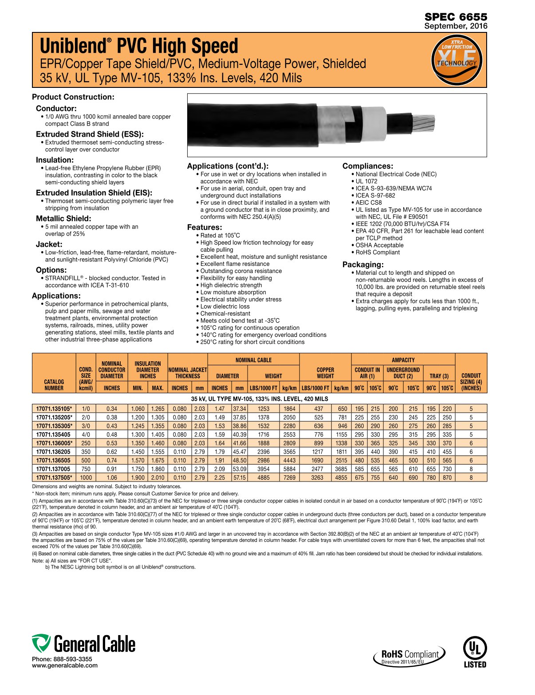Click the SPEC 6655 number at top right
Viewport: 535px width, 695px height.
click(456, 17)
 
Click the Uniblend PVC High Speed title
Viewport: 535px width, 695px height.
click(139, 46)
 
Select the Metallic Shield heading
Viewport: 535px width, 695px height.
click(63, 218)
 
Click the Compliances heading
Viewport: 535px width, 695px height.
click(368, 166)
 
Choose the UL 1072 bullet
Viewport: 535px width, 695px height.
click(366, 181)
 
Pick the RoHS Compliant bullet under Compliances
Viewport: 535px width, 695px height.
click(377, 252)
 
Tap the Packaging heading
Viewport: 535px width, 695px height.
click(363, 265)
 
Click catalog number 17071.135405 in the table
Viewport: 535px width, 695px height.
click(53, 434)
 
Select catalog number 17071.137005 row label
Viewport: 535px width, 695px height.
click(53, 469)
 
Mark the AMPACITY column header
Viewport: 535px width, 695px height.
click(403, 360)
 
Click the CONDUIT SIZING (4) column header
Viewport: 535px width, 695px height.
click(471, 382)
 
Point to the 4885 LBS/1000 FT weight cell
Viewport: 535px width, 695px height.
click(264, 478)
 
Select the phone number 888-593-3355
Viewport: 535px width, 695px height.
click(73, 659)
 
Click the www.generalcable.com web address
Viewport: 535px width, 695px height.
click(65, 665)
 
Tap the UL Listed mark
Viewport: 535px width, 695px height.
click(475, 652)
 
